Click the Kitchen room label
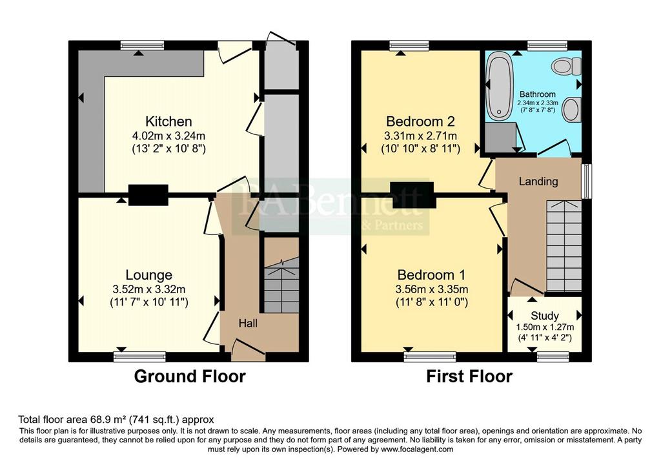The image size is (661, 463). tap(168, 121)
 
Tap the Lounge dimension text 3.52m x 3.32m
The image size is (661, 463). tap(149, 289)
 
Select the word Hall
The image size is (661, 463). tap(248, 324)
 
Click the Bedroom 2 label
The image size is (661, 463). tap(420, 121)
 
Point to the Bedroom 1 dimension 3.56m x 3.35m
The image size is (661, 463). tap(432, 289)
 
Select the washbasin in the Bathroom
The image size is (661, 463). tap(572, 109)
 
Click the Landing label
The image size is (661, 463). tap(538, 181)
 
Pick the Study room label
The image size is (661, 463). tap(545, 315)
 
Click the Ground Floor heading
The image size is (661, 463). tap(190, 376)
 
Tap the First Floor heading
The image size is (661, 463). tap(469, 376)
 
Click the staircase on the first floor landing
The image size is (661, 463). tap(564, 246)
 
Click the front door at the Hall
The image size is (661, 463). tap(249, 351)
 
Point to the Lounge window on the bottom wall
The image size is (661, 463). tap(139, 357)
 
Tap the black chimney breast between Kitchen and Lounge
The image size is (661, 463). tap(148, 195)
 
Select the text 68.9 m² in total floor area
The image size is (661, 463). tap(109, 420)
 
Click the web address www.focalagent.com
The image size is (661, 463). tap(417, 449)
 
